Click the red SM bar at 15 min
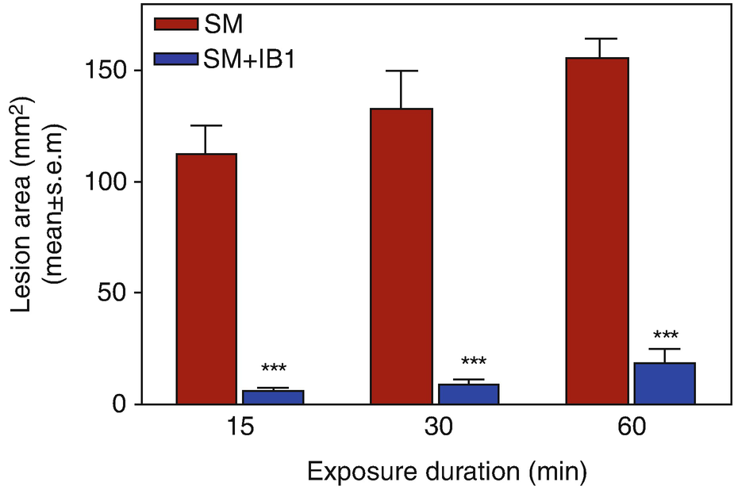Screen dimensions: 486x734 coord(206,278)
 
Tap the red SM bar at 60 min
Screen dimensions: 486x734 coord(597,231)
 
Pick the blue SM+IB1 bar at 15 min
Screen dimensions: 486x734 coord(273,397)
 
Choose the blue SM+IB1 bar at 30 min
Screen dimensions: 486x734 coord(468,394)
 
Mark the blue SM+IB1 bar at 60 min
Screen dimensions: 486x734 coord(665,384)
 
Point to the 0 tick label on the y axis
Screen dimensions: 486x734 coord(121,404)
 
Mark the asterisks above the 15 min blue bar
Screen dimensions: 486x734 coord(273,369)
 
